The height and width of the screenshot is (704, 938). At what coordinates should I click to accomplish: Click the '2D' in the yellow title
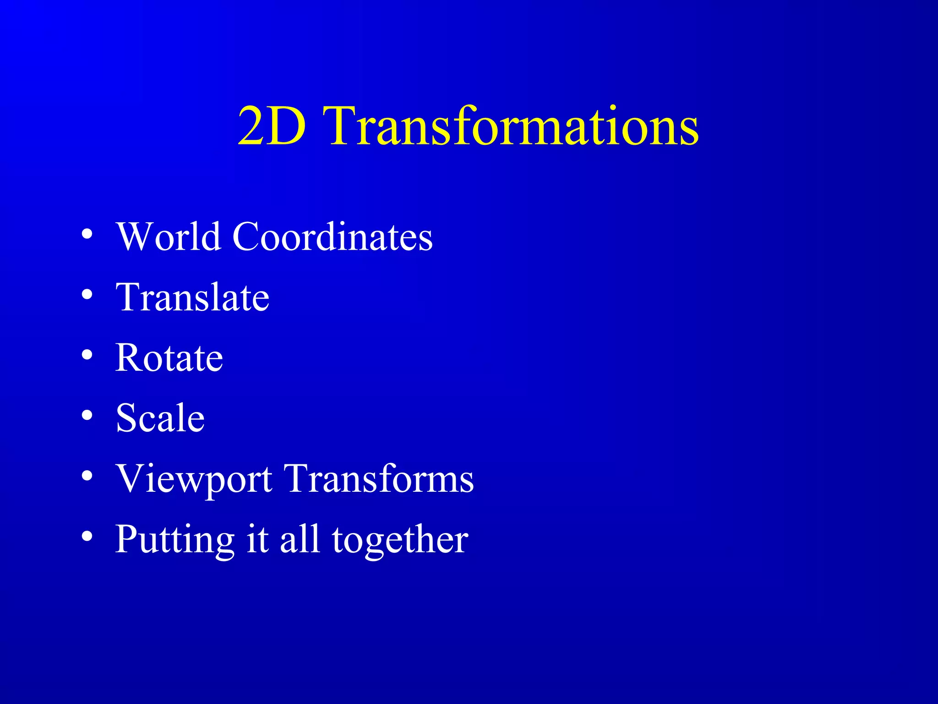point(272,126)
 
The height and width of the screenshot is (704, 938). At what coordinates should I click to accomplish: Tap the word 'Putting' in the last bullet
point(175,540)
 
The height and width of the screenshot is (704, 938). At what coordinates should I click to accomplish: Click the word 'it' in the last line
point(257,539)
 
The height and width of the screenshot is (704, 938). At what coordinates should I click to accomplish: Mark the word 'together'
point(400,540)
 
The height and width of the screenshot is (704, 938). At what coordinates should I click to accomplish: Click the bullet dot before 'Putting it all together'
point(87,536)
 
